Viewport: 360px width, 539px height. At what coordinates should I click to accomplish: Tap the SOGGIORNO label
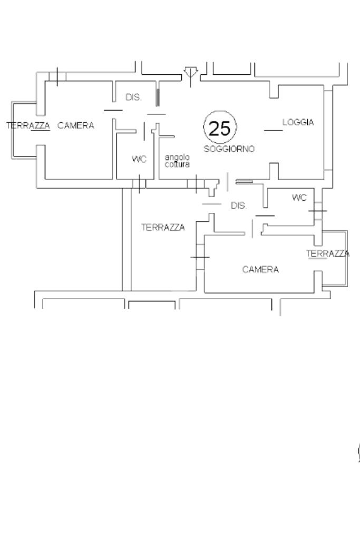pyautogui.click(x=229, y=149)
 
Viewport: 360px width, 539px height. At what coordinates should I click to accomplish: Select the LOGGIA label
pyautogui.click(x=298, y=122)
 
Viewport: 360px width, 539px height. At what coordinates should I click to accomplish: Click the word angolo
pyautogui.click(x=174, y=158)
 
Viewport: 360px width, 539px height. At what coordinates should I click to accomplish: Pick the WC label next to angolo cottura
pyautogui.click(x=139, y=159)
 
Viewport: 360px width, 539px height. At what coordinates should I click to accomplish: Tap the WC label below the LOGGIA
pyautogui.click(x=299, y=198)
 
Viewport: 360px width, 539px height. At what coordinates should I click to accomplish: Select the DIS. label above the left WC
pyautogui.click(x=133, y=97)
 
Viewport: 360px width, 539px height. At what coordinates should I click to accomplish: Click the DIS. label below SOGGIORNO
pyautogui.click(x=239, y=206)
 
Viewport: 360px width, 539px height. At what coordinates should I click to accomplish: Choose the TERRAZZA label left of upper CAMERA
pyautogui.click(x=28, y=125)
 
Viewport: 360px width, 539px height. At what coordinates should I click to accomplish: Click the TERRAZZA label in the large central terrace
pyautogui.click(x=163, y=228)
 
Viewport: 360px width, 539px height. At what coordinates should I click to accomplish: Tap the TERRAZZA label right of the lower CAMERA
pyautogui.click(x=328, y=254)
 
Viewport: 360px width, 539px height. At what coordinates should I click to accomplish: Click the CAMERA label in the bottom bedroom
pyautogui.click(x=260, y=270)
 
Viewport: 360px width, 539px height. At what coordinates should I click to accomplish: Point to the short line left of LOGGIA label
pyautogui.click(x=273, y=130)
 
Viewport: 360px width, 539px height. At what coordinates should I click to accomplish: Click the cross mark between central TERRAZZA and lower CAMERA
pyautogui.click(x=200, y=257)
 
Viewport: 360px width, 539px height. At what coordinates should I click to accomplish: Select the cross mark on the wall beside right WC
pyautogui.click(x=317, y=211)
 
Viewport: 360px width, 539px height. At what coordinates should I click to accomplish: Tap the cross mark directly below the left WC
pyautogui.click(x=139, y=184)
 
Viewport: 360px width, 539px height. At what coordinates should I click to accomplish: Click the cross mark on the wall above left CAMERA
pyautogui.click(x=57, y=77)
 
